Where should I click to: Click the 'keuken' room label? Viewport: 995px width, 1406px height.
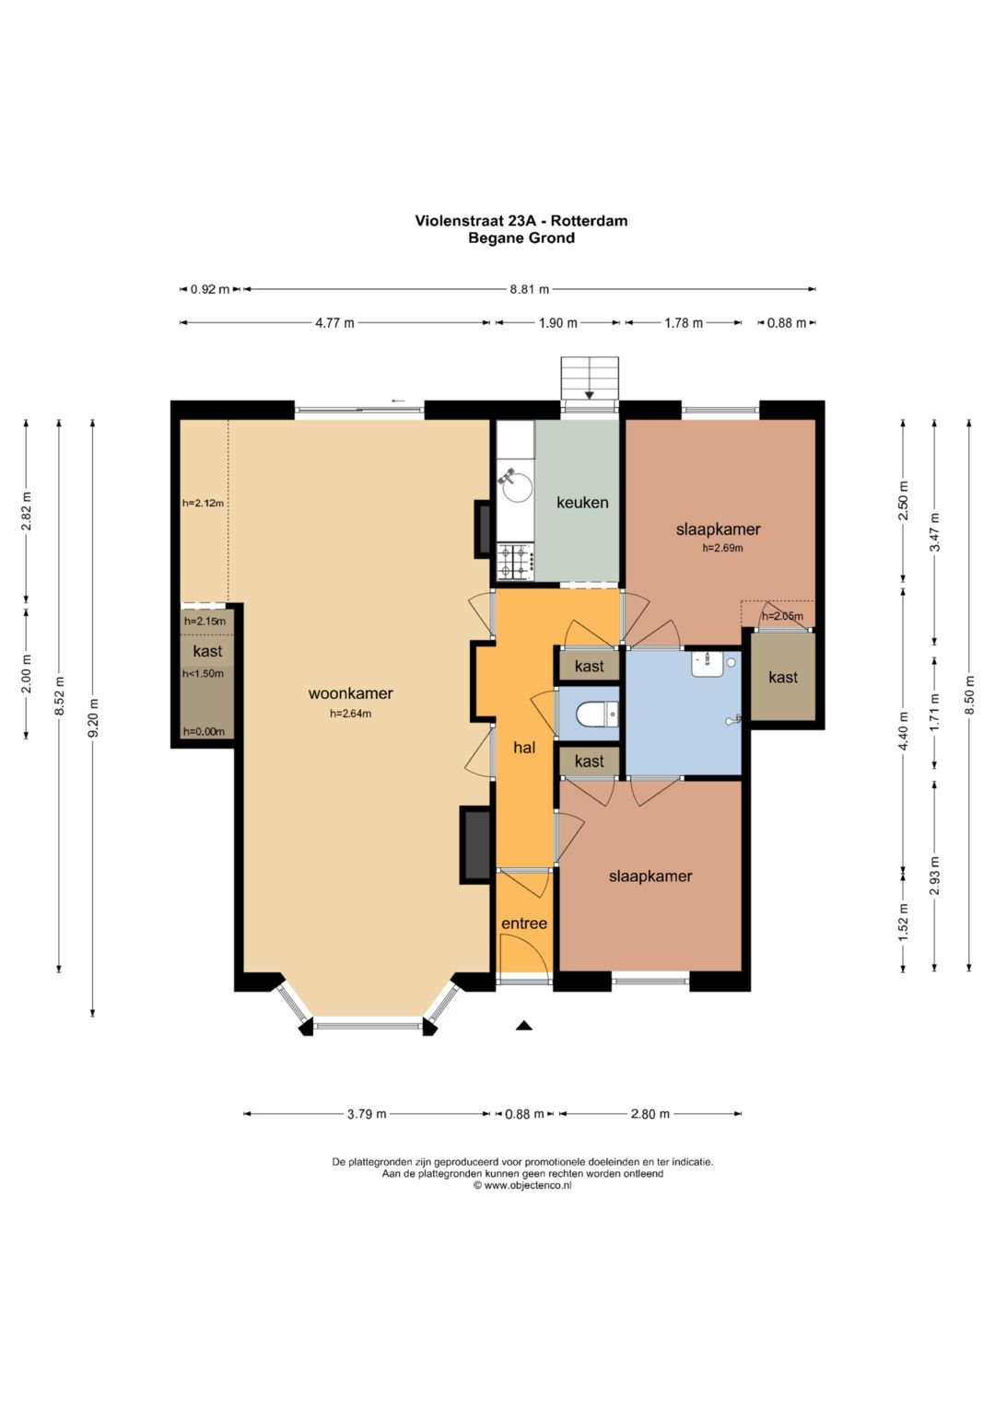pos(581,502)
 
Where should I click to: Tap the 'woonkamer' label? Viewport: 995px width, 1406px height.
pos(350,693)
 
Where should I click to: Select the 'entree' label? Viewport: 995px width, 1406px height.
pos(524,924)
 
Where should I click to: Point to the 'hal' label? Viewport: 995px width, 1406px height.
pos(524,747)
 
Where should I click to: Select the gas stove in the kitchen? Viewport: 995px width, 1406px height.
pos(516,562)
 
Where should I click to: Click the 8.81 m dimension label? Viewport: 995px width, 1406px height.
pos(529,289)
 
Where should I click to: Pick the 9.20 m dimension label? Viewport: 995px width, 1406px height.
pos(92,717)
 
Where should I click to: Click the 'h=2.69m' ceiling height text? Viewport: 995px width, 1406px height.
pos(722,548)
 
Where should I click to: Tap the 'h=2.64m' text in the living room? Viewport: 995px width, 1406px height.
pos(350,714)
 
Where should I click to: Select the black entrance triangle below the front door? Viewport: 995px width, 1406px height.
pos(524,1026)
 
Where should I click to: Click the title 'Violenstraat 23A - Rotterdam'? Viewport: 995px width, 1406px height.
pos(521,221)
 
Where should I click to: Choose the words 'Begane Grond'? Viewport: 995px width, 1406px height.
pos(521,238)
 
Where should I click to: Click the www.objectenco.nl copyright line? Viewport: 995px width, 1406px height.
pos(522,1185)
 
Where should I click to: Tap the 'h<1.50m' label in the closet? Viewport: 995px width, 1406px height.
pos(203,673)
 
